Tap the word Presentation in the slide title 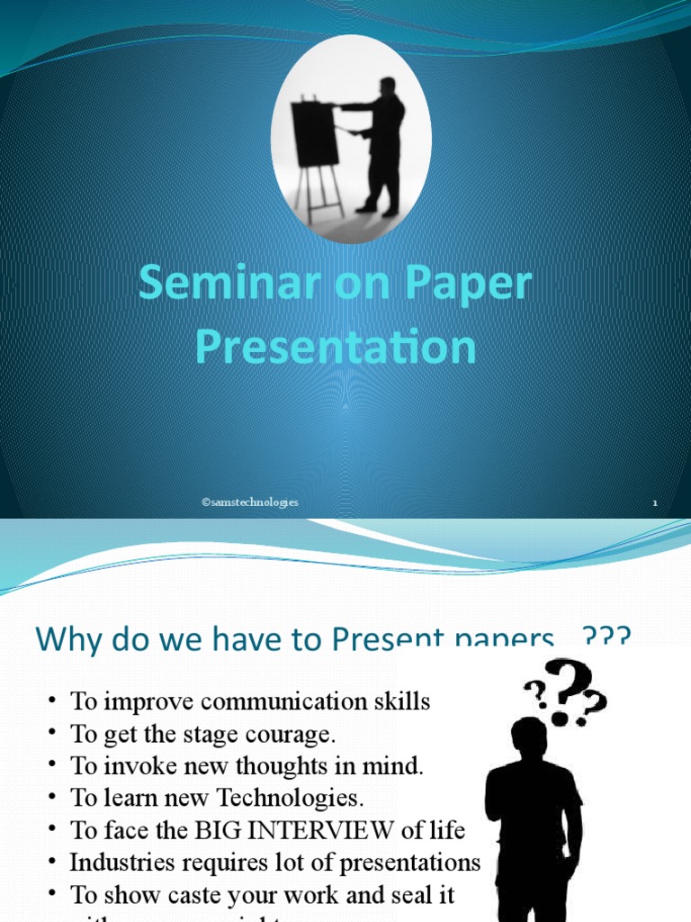click(336, 348)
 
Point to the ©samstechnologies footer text click(250, 502)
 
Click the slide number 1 click(655, 503)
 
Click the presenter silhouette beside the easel click(383, 144)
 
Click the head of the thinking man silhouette click(529, 737)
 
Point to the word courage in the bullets click(292, 734)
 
